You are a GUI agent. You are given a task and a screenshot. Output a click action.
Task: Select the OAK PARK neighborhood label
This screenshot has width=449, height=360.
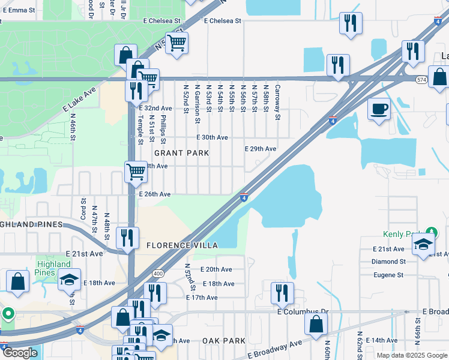click(223, 341)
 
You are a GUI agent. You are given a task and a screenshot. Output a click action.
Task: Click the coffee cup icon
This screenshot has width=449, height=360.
click(379, 109)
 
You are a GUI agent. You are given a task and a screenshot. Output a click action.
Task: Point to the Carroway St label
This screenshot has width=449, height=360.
click(277, 101)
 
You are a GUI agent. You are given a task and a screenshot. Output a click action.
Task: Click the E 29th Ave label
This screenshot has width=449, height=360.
click(260, 148)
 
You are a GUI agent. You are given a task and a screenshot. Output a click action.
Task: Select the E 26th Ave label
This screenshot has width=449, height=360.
click(155, 194)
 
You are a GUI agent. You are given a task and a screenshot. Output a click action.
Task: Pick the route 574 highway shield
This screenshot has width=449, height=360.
click(421, 79)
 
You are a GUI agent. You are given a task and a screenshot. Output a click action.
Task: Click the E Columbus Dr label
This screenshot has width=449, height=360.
click(304, 312)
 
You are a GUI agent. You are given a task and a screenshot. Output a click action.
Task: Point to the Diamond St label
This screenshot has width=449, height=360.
click(388, 262)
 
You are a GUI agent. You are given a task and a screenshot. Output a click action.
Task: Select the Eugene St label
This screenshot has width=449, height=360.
click(388, 275)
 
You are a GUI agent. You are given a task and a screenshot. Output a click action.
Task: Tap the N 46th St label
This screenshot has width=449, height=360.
click(73, 127)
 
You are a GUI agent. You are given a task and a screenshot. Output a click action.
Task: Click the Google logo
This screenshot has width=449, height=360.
click(20, 353)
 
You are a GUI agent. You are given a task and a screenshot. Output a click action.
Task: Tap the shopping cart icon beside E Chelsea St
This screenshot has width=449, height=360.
click(176, 43)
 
